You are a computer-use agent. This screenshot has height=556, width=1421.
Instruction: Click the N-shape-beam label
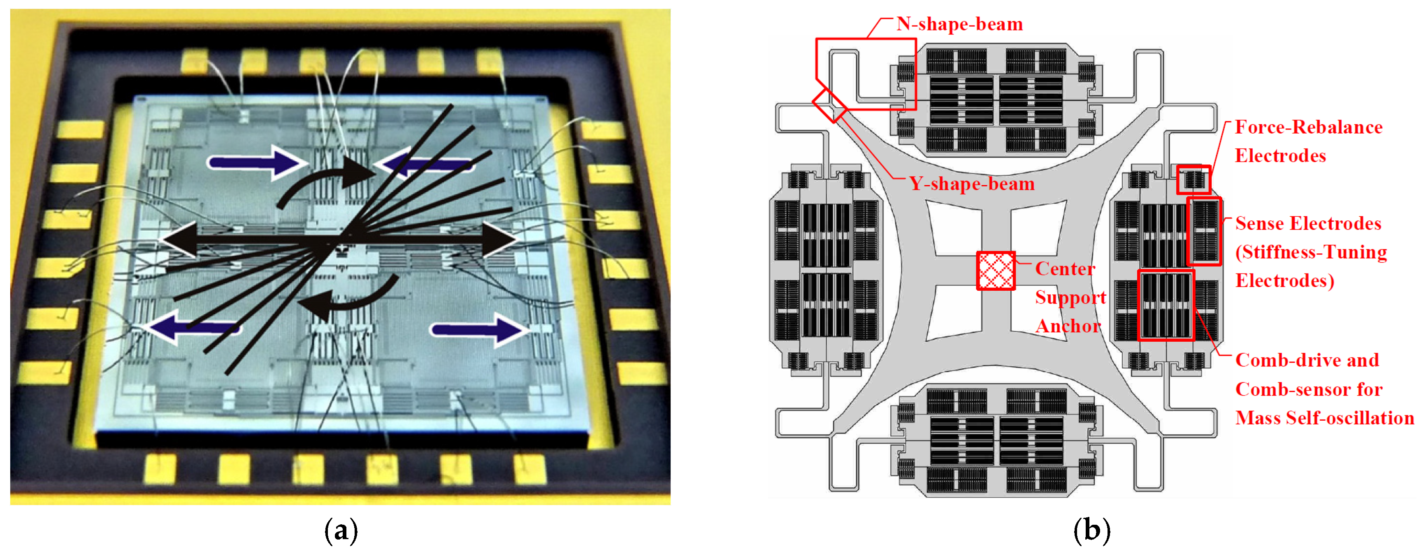(x=959, y=24)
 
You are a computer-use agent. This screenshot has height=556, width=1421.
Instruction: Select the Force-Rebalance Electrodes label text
(x=1308, y=141)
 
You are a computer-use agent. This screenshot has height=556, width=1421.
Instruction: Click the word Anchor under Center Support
(x=1068, y=326)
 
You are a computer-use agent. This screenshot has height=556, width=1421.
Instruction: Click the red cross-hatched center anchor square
(x=996, y=271)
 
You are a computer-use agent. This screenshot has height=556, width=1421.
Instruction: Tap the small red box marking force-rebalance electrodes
(x=1193, y=179)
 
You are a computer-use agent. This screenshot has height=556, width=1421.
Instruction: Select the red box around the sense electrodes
(x=1204, y=232)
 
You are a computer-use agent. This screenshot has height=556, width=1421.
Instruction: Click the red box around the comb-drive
(x=1166, y=305)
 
